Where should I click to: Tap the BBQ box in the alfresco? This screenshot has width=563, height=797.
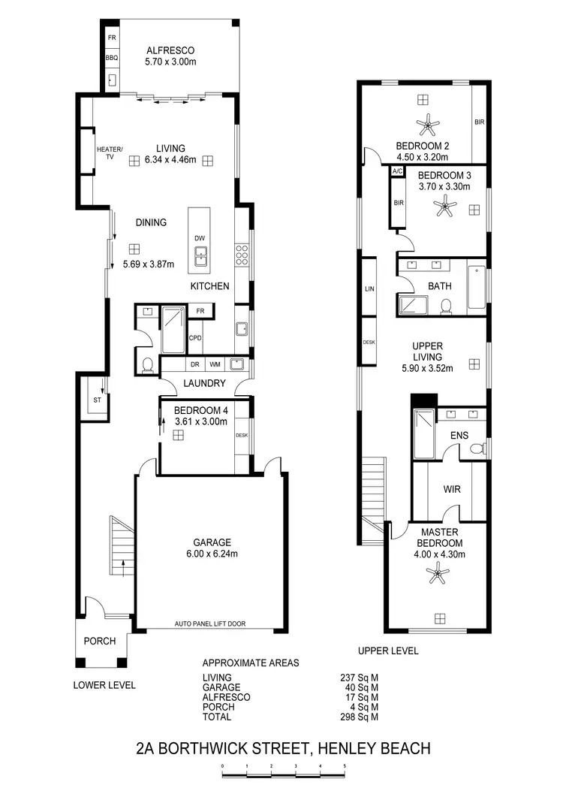111,58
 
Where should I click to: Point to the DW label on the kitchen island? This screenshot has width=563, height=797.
200,239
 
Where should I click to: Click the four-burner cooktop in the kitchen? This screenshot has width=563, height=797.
242,255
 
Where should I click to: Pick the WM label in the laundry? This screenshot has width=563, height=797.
215,364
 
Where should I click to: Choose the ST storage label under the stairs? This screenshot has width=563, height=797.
97,400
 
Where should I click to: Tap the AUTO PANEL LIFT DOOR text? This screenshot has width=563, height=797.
210,623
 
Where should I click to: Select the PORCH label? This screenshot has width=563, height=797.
99,641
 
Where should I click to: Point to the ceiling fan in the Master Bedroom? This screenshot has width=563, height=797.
436,576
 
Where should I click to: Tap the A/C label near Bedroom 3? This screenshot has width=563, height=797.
398,172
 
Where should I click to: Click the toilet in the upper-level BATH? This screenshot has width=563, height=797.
447,305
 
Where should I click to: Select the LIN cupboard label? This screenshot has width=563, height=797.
369,288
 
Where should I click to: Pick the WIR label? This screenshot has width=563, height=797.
452,489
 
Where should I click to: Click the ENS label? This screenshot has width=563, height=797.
459,436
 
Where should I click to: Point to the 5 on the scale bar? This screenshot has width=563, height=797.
345,766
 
